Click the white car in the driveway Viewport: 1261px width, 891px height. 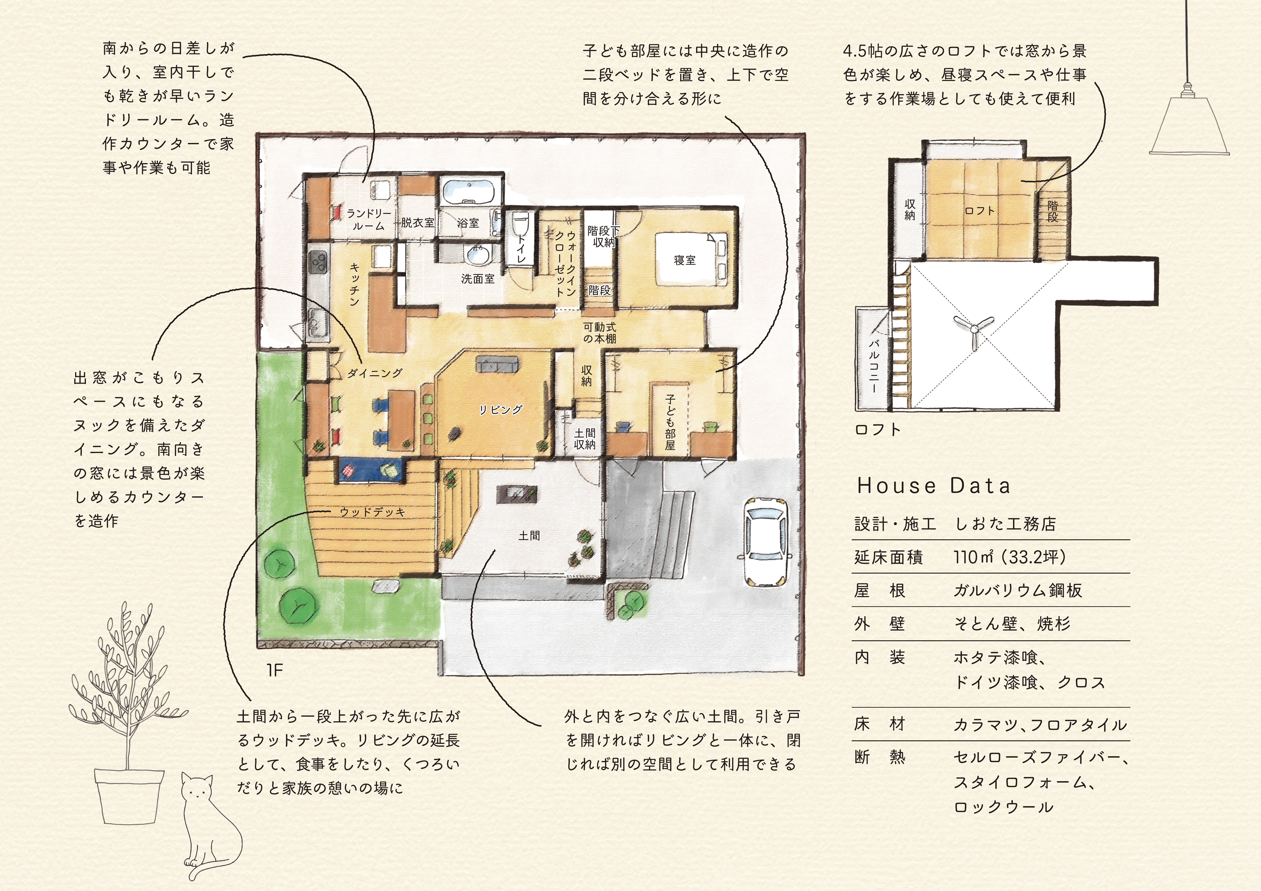click(767, 542)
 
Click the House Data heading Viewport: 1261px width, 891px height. click(934, 486)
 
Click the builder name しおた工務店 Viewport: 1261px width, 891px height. click(1005, 523)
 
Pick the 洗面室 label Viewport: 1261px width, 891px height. click(478, 279)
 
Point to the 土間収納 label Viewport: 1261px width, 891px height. click(584, 439)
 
